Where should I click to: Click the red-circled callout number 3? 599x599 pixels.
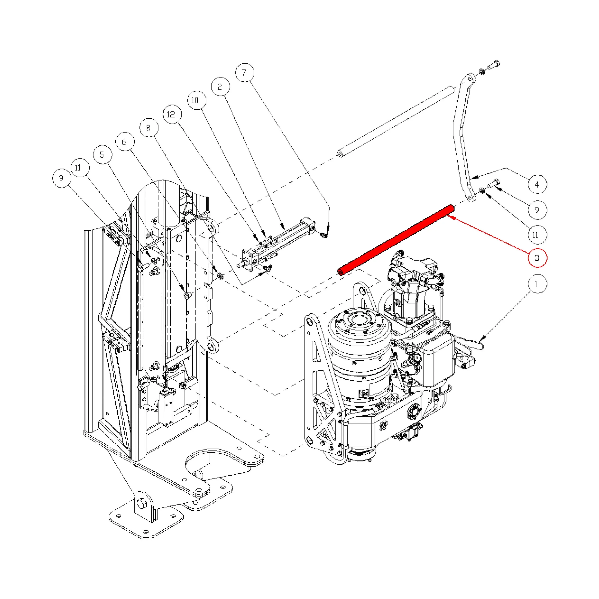click(x=537, y=258)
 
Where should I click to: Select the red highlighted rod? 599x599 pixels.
click(x=396, y=240)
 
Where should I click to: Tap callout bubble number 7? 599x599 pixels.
click(x=245, y=73)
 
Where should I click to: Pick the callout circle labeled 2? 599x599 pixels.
click(x=220, y=87)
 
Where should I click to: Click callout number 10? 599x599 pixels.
click(x=197, y=100)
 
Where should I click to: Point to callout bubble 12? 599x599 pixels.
click(x=172, y=114)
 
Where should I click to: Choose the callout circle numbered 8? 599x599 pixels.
click(x=149, y=128)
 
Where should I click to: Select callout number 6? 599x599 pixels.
click(x=125, y=142)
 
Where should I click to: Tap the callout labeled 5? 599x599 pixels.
click(x=102, y=155)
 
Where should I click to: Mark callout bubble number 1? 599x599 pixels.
click(x=537, y=284)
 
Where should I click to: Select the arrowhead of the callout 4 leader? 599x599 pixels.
click(x=473, y=178)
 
